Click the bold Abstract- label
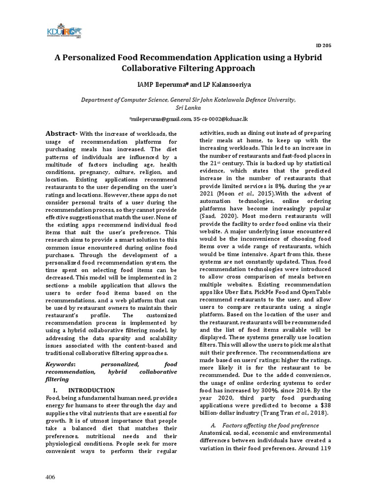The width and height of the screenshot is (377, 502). point(61,133)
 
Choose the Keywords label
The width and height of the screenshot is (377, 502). point(60,364)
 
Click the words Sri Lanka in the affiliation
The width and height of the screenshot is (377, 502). point(188,107)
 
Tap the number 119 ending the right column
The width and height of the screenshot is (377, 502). point(325,449)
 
